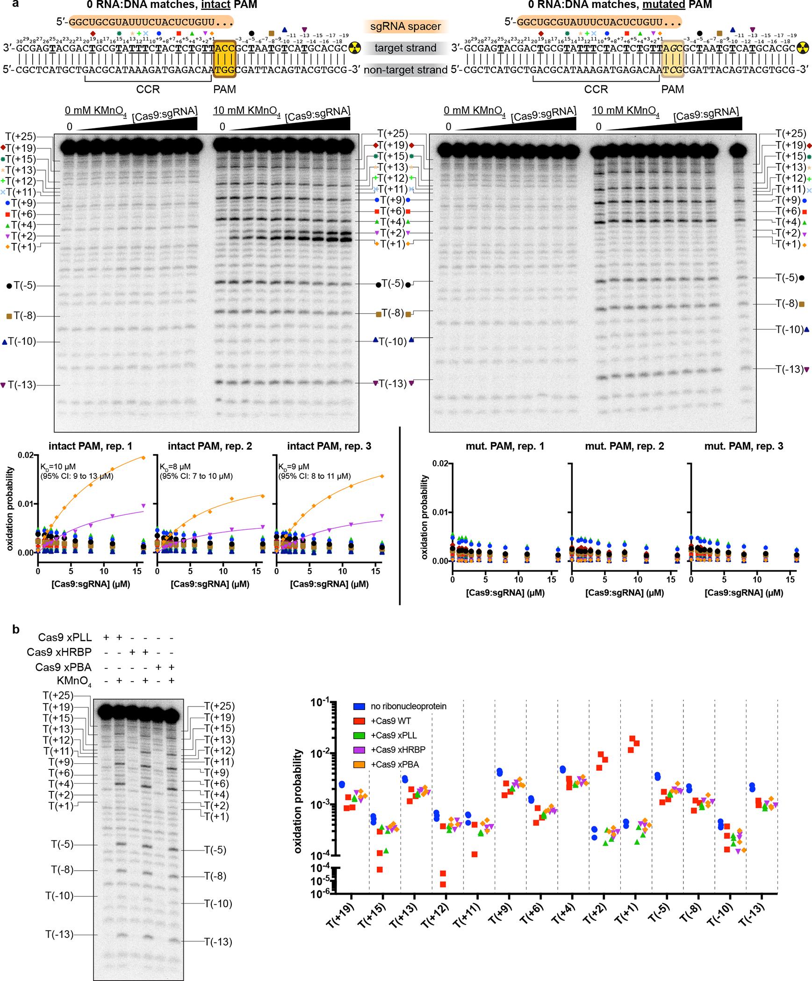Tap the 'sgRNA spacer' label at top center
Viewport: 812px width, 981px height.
coord(405,26)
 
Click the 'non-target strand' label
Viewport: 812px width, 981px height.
coord(405,70)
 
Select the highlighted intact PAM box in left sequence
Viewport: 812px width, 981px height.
coord(225,58)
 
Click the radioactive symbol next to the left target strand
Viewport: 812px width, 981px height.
coord(355,48)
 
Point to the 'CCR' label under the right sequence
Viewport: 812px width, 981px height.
coord(596,89)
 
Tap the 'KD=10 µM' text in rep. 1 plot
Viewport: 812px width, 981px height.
coord(56,467)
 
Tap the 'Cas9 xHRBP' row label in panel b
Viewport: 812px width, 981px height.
coord(65,652)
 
